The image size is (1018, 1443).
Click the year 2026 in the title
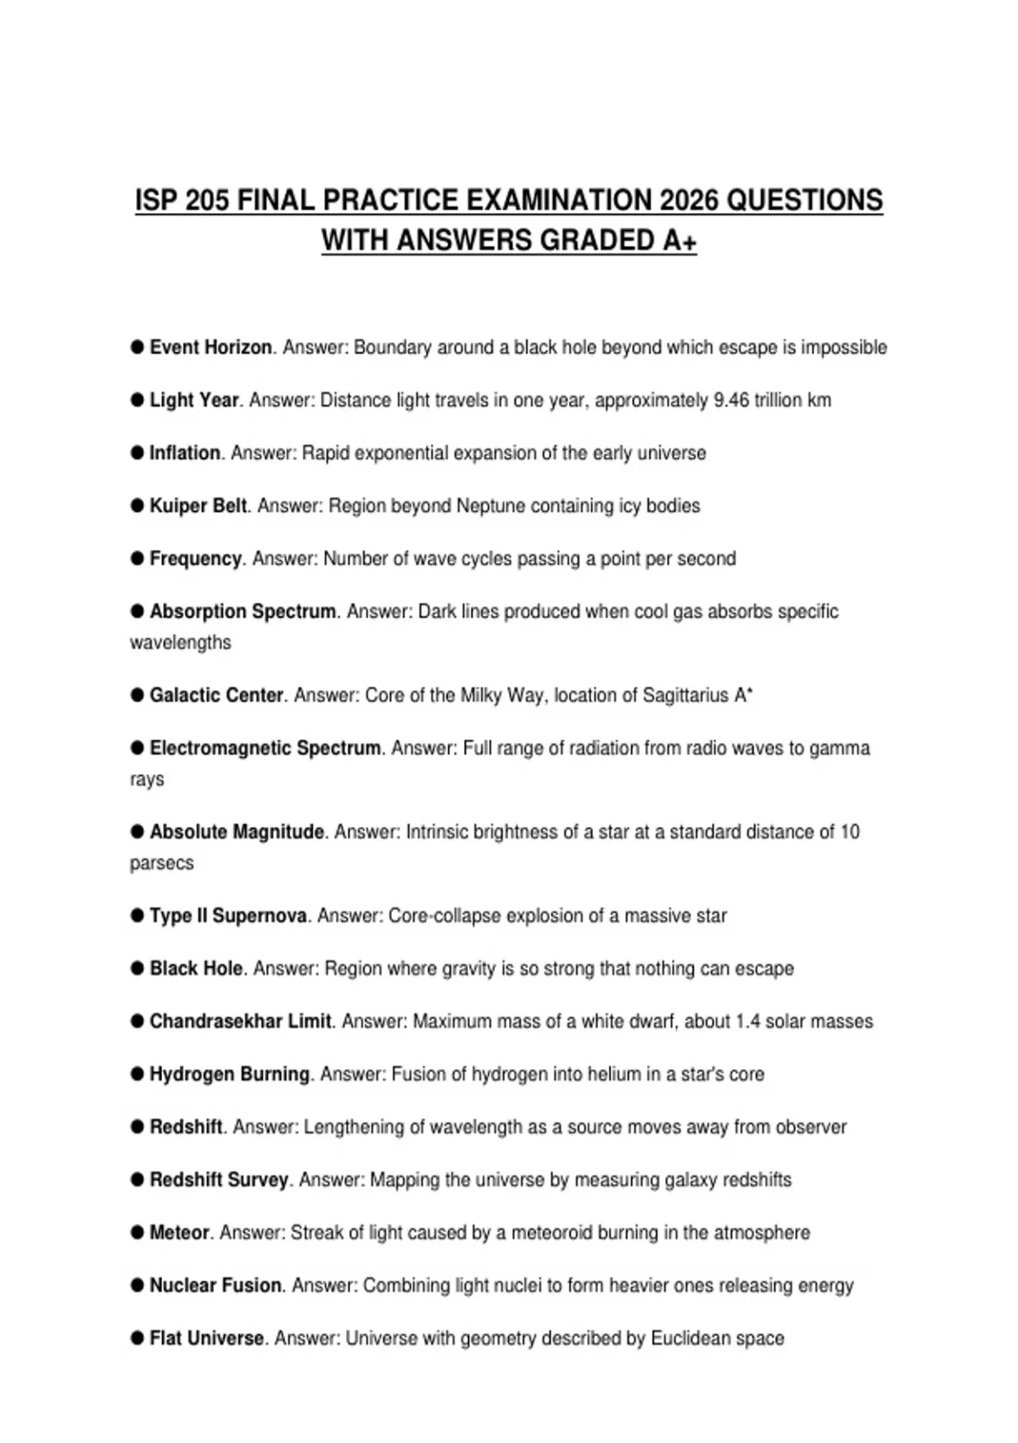687,201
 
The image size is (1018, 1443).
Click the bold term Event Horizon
210,347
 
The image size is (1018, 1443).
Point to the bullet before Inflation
137,452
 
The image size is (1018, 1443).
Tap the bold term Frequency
196,559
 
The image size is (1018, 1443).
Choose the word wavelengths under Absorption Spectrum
180,643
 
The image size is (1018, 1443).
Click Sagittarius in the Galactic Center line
685,695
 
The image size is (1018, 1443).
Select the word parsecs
161,863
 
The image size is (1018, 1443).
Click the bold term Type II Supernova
228,916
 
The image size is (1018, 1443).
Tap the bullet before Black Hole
137,969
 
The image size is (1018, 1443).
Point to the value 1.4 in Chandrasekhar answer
748,1021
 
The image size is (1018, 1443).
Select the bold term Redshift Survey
219,1180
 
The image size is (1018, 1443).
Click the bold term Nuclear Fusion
215,1285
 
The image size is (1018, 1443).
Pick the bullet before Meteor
137,1232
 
